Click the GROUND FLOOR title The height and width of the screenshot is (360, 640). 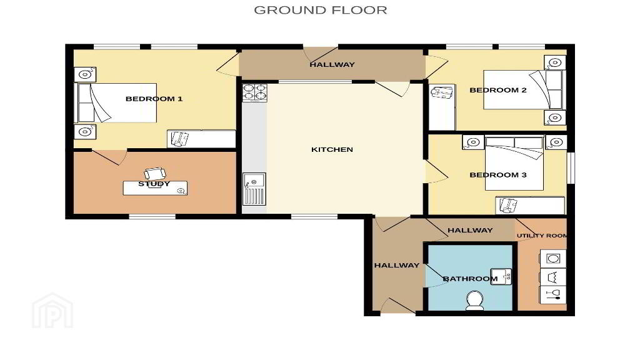321,10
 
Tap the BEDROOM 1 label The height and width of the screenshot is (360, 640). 154,99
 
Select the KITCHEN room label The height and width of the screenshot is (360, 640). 332,149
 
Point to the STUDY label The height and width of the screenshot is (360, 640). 154,184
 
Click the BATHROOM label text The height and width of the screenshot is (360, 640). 470,279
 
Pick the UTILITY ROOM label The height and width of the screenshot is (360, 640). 542,236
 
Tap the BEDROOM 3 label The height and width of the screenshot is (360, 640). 498,175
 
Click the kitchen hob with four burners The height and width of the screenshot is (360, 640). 255,92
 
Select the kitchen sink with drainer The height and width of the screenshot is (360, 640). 254,189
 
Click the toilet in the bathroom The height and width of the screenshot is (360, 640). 475,300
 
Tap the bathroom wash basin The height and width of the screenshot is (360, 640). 501,276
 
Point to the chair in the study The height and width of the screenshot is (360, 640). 155,174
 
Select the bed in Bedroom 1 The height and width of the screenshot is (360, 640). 117,103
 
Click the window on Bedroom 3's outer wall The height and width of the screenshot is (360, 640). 572,167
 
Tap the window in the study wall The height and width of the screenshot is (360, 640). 152,216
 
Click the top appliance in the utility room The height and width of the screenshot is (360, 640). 552,258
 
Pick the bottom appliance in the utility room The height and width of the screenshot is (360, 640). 552,294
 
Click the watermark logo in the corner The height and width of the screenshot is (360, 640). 52,311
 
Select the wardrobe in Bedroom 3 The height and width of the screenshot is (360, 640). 530,205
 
